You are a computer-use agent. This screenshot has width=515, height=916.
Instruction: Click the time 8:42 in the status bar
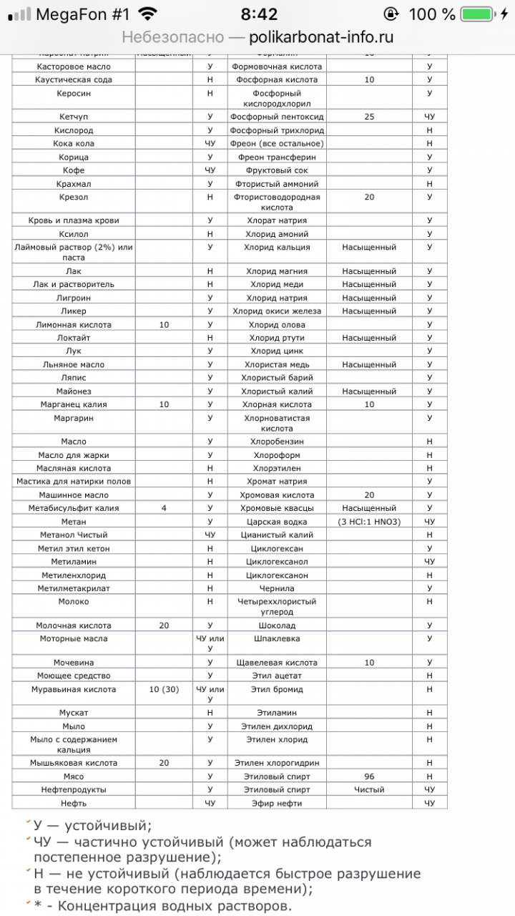click(258, 14)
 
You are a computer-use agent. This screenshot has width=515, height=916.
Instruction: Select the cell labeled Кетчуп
click(74, 117)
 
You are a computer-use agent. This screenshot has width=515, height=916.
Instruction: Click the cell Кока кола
click(74, 144)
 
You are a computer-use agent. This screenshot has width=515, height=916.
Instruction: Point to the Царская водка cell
click(277, 522)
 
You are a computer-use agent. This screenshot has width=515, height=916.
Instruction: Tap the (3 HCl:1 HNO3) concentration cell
click(369, 522)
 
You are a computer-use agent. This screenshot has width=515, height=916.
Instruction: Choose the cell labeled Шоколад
click(277, 625)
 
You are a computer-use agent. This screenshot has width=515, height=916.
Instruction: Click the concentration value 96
click(369, 776)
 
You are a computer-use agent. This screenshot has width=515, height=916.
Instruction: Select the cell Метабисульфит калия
click(74, 508)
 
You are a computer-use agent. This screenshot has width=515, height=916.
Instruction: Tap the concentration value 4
click(164, 508)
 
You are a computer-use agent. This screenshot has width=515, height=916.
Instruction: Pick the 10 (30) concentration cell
click(164, 690)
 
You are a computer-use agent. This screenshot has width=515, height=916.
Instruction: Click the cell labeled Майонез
click(74, 391)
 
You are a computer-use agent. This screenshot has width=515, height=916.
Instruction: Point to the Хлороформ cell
click(277, 455)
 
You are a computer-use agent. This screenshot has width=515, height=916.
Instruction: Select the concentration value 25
click(369, 117)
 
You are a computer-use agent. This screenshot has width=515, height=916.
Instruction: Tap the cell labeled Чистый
click(369, 790)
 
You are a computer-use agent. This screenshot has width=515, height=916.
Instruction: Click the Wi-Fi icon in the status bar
click(148, 14)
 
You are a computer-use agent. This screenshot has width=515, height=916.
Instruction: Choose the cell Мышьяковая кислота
click(74, 763)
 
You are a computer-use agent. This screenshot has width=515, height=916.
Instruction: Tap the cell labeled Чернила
click(277, 588)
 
